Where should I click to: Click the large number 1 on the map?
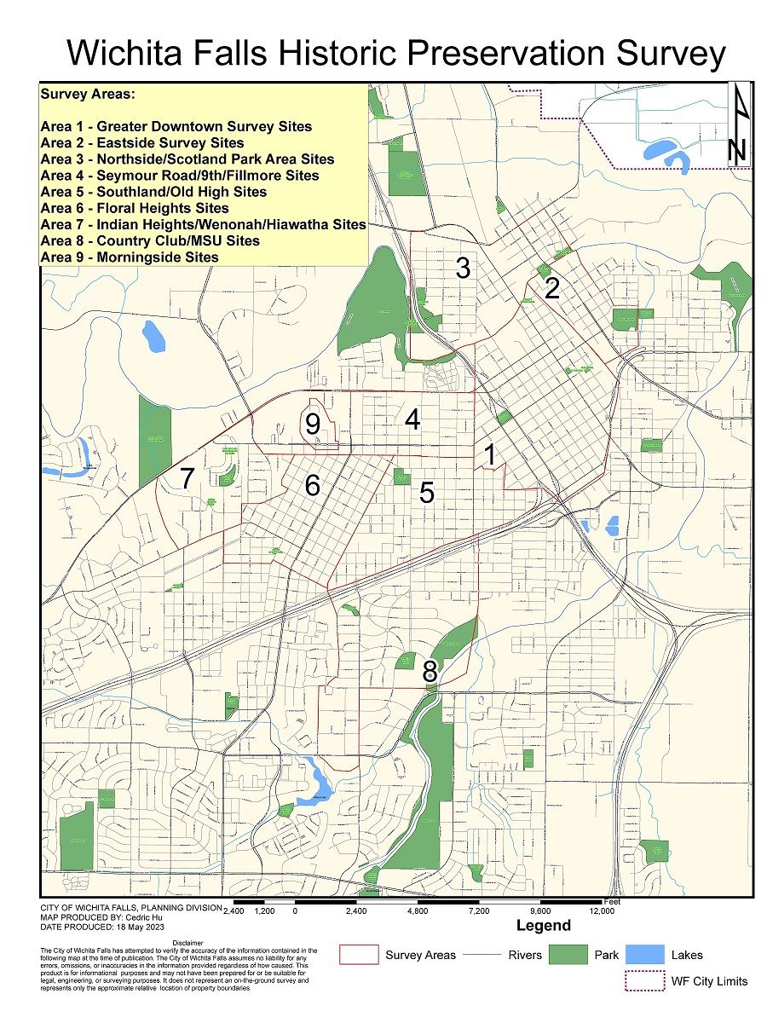click(x=490, y=454)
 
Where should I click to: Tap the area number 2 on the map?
click(x=552, y=288)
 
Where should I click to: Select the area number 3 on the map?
click(x=463, y=268)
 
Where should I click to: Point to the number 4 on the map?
click(x=412, y=419)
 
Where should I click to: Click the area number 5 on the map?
click(x=427, y=492)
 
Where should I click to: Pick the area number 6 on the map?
click(x=313, y=486)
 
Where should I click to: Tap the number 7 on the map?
click(x=187, y=479)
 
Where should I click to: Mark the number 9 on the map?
click(x=314, y=424)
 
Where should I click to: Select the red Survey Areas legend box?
click(x=359, y=955)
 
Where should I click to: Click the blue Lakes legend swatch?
click(x=643, y=955)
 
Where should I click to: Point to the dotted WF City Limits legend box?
click(x=644, y=980)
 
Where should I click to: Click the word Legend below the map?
click(x=544, y=925)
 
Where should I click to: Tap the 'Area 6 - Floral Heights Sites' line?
click(x=135, y=208)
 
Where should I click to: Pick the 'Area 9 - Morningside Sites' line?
click(x=129, y=257)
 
